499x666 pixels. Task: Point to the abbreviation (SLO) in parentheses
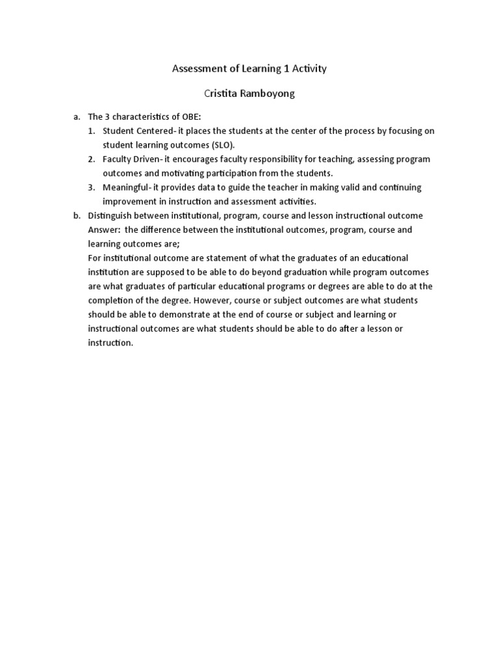222,144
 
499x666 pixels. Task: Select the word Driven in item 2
142,159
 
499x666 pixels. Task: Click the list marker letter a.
76,117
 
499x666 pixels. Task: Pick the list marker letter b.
76,216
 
